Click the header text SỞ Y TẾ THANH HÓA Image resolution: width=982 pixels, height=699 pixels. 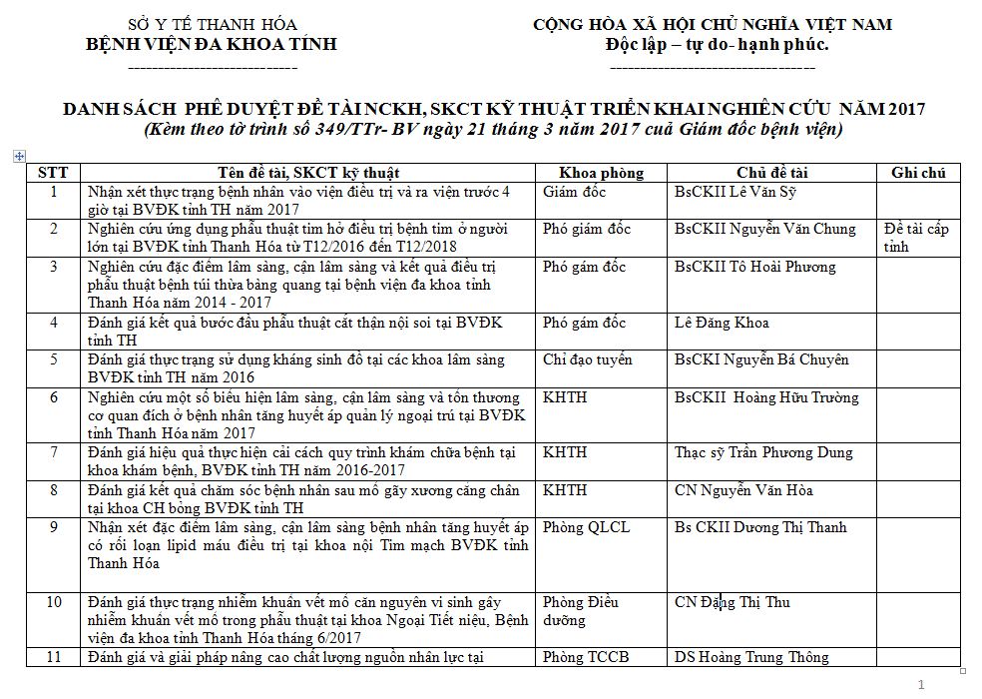(x=213, y=24)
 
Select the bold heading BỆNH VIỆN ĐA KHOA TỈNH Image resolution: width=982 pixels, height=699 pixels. (x=213, y=44)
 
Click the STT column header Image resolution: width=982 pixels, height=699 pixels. (x=53, y=173)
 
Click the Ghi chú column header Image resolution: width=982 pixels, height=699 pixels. (x=918, y=173)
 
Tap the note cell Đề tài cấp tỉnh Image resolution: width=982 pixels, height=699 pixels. (x=916, y=238)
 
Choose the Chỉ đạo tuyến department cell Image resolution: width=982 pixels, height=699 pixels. (x=587, y=359)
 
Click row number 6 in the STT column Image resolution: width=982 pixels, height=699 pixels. (x=54, y=397)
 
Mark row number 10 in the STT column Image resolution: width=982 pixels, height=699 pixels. (x=54, y=602)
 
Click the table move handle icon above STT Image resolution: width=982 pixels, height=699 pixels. (x=18, y=156)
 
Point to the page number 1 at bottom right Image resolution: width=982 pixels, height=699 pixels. (x=921, y=684)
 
